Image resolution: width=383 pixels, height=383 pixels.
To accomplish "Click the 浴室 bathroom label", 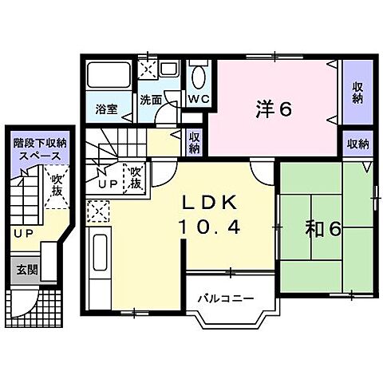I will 108,109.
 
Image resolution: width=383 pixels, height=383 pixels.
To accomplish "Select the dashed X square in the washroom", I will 148,70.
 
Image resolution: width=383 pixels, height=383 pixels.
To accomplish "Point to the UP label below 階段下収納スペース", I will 21,233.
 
